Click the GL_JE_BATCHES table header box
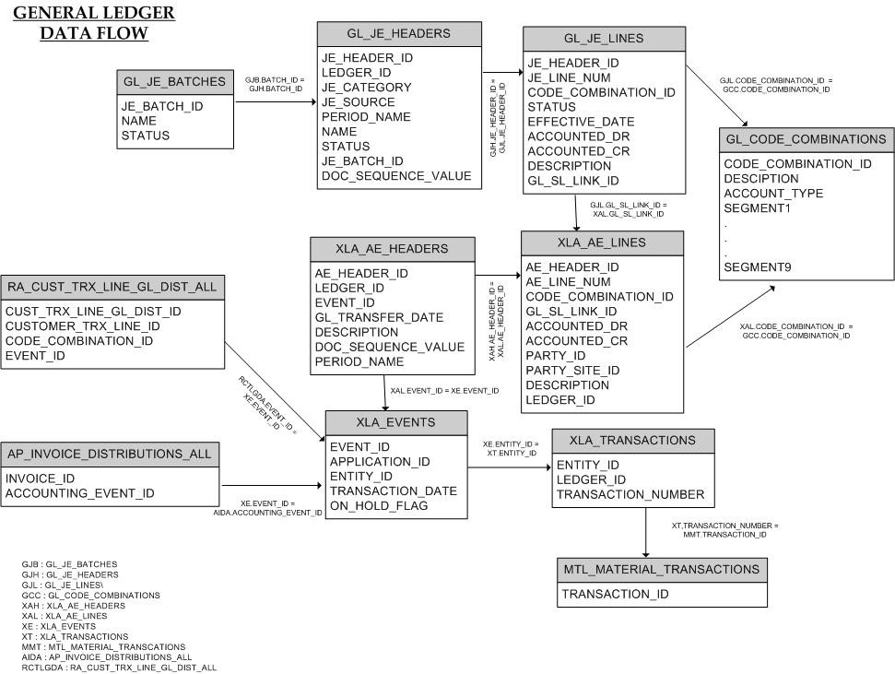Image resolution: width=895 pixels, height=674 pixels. point(175,82)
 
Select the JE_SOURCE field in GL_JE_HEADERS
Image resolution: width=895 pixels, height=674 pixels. point(358,102)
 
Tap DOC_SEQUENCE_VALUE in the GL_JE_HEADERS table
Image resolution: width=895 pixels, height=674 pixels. point(395,176)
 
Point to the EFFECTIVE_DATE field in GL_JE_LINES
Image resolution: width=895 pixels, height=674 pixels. point(581,122)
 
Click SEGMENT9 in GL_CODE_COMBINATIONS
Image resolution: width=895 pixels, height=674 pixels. point(758,267)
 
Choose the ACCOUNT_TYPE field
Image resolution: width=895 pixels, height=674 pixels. point(773,194)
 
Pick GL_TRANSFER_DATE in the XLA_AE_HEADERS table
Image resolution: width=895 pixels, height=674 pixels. point(379,317)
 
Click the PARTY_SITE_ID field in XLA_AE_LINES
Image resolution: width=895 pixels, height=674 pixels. point(572,370)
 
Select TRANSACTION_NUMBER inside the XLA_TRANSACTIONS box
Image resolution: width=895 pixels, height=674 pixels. point(630,494)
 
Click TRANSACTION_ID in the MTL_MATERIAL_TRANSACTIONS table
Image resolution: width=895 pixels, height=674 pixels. point(615,594)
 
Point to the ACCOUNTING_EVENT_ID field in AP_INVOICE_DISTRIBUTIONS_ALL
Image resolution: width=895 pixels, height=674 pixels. point(79,493)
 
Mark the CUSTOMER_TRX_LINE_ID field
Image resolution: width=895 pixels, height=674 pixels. point(82,326)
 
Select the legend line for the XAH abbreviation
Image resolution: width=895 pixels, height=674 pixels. point(73,606)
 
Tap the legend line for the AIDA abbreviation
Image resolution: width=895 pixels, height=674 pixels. point(107,656)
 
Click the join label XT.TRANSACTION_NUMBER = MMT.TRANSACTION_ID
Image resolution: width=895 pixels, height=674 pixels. point(724,530)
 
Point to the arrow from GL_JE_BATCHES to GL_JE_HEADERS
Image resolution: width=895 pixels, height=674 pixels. point(275,102)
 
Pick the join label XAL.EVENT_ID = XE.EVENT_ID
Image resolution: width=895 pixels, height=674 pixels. point(444,391)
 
